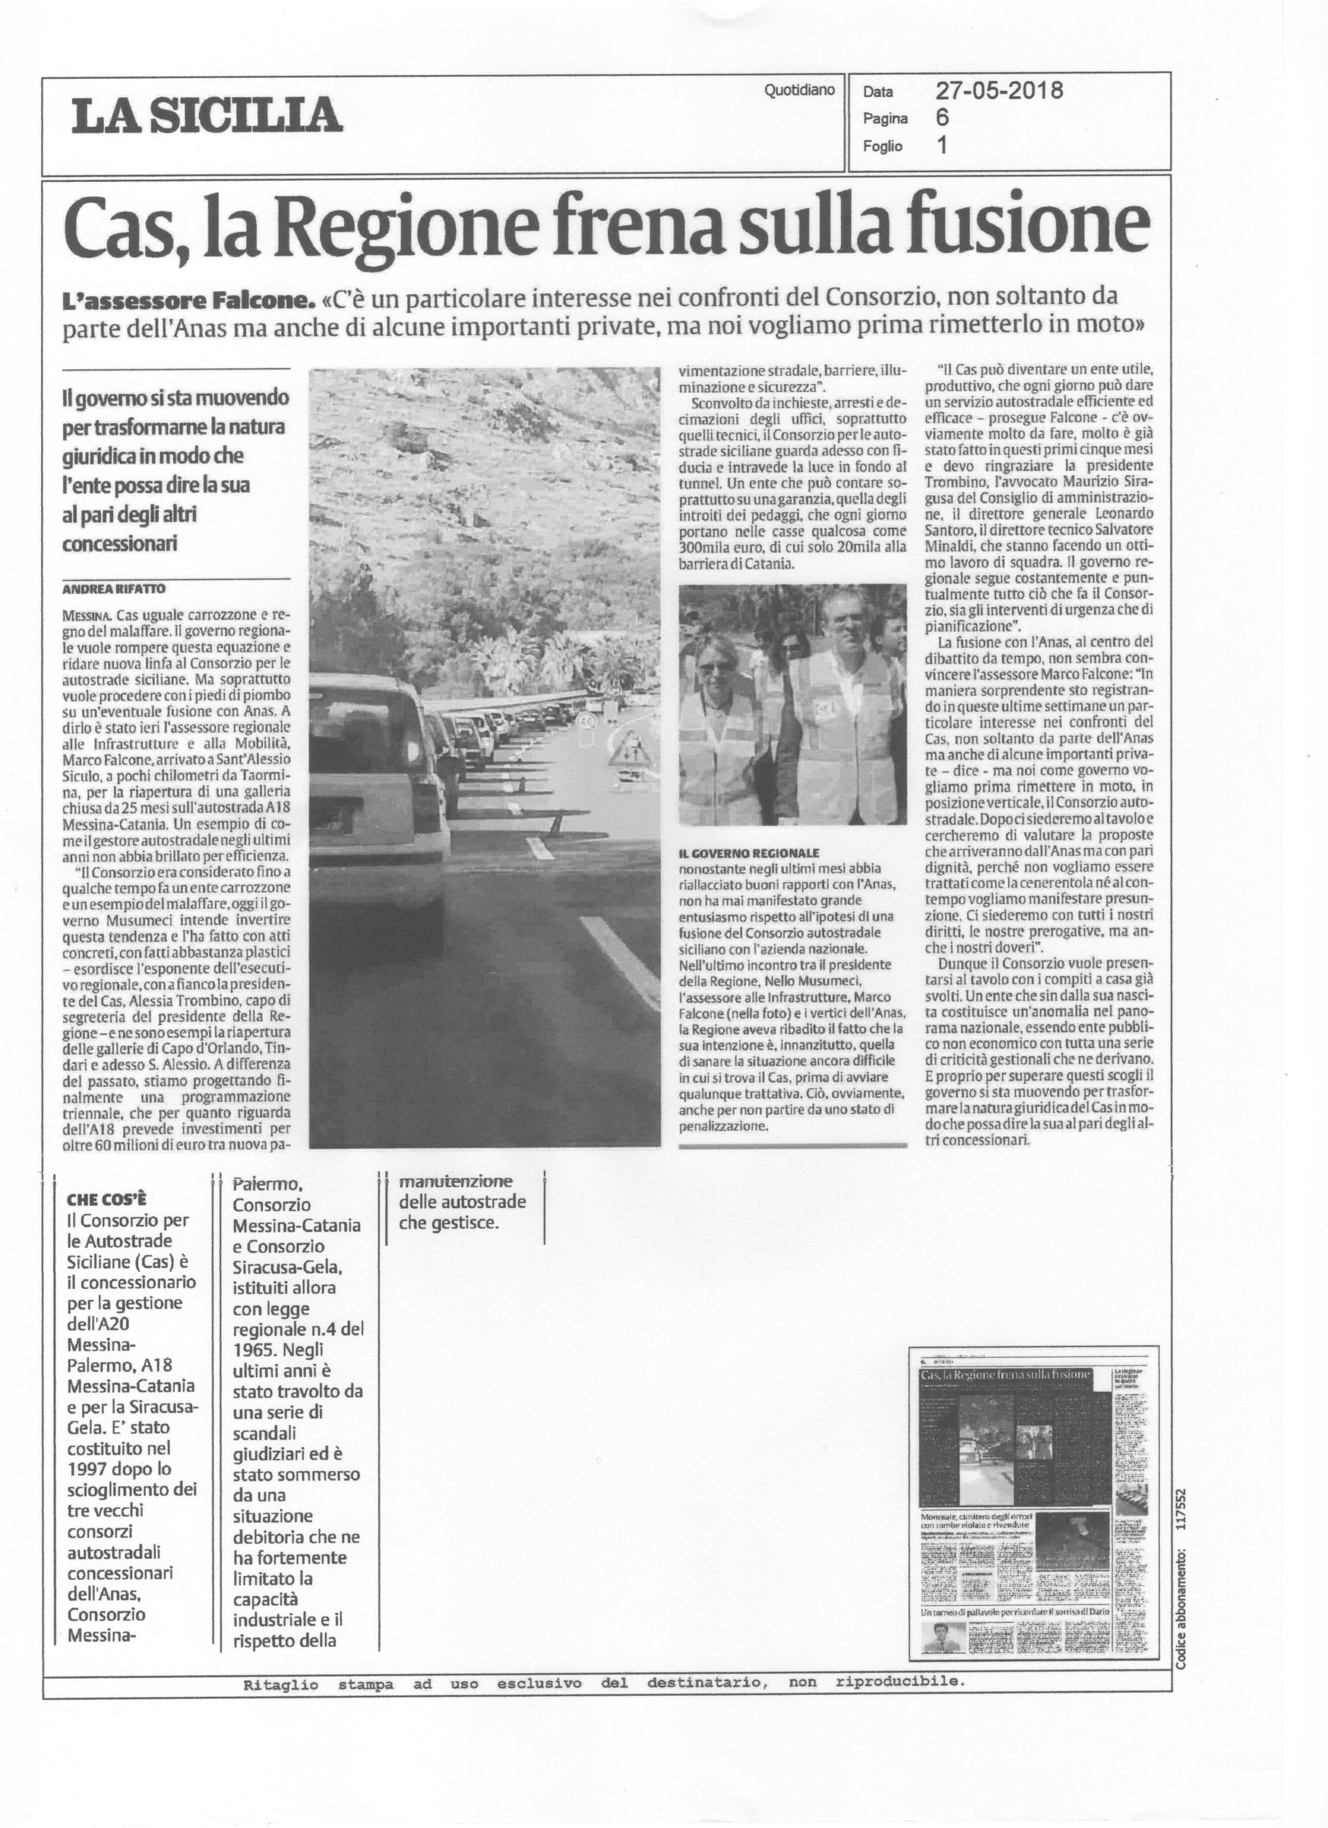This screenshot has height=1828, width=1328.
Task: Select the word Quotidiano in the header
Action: (x=799, y=91)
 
